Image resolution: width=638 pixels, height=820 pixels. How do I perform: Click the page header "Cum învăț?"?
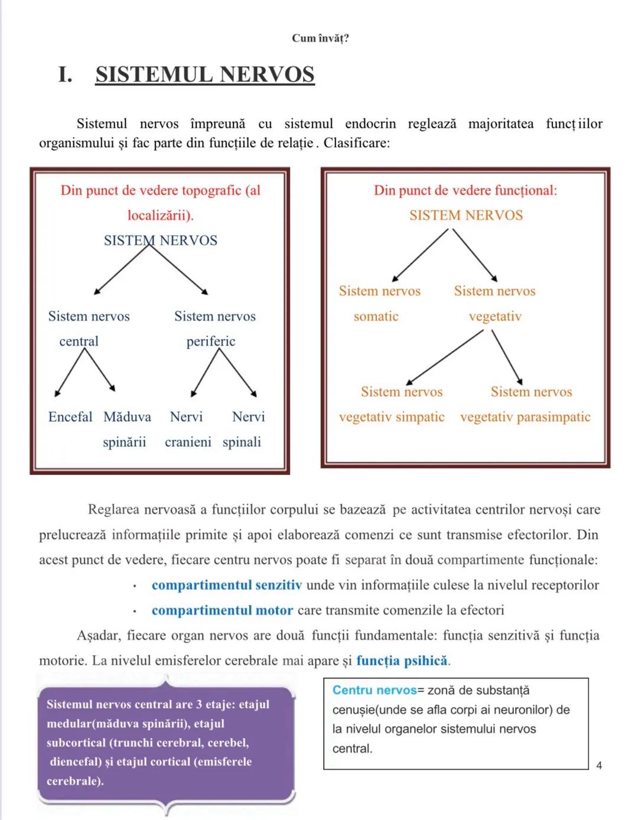tap(320, 38)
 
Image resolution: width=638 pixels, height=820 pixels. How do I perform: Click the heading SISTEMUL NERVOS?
tap(205, 75)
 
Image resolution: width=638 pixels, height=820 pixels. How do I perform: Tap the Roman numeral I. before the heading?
tap(65, 75)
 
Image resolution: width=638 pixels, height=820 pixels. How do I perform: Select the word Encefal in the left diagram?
tap(70, 417)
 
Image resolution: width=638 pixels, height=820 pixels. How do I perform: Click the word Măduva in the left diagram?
tap(127, 417)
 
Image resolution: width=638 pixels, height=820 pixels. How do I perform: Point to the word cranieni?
tap(188, 442)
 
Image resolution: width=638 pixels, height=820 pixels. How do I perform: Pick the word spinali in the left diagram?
tap(242, 442)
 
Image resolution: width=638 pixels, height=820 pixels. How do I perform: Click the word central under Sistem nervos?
tap(79, 341)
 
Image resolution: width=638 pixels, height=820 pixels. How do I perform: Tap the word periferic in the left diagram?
tap(211, 341)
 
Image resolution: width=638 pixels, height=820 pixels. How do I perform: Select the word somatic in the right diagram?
tap(376, 317)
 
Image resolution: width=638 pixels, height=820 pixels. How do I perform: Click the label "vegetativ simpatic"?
tap(392, 417)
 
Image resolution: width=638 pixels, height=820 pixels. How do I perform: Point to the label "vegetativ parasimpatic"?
tap(525, 417)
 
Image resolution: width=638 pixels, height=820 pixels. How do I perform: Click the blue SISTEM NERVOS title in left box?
tap(161, 240)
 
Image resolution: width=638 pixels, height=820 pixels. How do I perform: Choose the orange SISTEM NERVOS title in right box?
tap(466, 216)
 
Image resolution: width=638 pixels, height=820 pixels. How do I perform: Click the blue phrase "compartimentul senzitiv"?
tap(227, 585)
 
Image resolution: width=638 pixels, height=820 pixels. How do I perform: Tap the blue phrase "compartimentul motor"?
tap(222, 610)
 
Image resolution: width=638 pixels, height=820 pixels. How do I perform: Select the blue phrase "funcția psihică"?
tap(402, 660)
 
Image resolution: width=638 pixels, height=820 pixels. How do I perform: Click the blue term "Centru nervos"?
tap(375, 690)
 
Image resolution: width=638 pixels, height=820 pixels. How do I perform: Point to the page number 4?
tap(599, 766)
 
